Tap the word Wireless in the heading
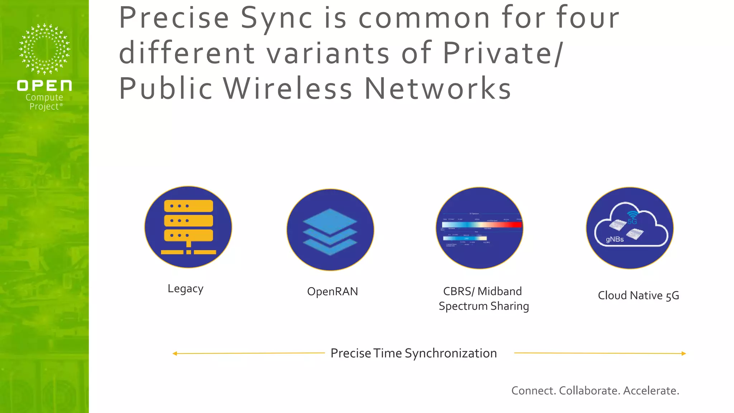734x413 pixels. [x=288, y=89]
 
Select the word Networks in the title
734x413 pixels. [x=438, y=89]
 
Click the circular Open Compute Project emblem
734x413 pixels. [x=44, y=49]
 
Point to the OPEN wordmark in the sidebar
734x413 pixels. [x=44, y=86]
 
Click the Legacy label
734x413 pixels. [x=186, y=289]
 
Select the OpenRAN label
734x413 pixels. [x=333, y=291]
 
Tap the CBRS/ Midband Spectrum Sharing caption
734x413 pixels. [x=483, y=299]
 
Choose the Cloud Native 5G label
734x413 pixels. [x=638, y=295]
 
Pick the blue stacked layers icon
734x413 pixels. [x=330, y=231]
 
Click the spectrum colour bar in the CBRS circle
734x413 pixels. [x=482, y=225]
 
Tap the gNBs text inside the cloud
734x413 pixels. [x=615, y=239]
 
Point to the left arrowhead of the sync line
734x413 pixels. [x=175, y=353]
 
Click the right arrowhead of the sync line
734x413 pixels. [x=683, y=353]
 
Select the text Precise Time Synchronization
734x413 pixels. [x=414, y=353]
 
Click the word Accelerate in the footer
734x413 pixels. [x=651, y=390]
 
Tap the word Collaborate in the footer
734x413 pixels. [x=589, y=390]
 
